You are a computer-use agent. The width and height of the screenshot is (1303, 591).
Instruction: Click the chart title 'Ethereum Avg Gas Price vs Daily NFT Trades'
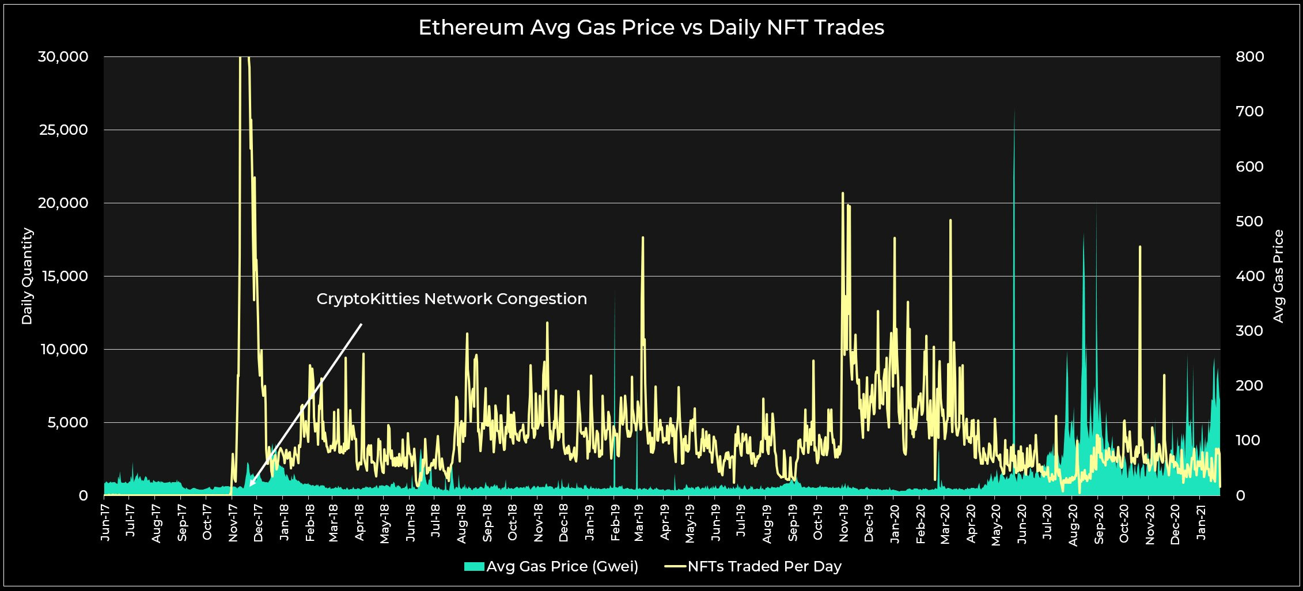click(x=651, y=28)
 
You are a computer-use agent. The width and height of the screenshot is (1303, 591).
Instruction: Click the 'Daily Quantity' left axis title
click(x=27, y=276)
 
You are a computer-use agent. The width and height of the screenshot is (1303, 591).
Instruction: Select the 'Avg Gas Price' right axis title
click(x=1278, y=276)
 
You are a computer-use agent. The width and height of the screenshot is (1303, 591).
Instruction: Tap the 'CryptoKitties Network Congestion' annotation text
click(x=452, y=299)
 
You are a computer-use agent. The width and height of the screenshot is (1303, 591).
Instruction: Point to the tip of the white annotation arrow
click(x=251, y=486)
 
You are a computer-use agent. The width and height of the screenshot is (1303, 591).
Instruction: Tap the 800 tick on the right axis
click(x=1249, y=57)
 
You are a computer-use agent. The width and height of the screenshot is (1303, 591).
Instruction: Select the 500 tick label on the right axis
click(x=1249, y=222)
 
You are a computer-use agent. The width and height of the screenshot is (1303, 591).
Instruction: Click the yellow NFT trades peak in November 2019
click(x=843, y=194)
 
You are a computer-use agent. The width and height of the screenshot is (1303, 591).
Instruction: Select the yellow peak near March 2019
click(x=643, y=237)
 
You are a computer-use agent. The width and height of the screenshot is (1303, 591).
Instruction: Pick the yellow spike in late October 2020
click(x=1140, y=247)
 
